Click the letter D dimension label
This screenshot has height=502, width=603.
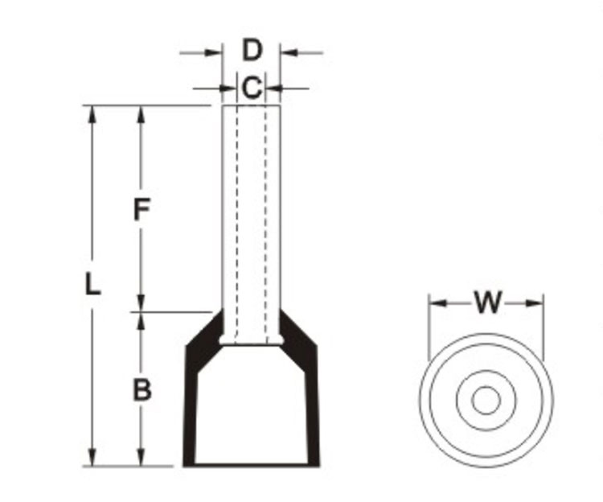252,50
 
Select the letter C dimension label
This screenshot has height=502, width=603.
252,88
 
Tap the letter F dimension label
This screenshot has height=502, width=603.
142,210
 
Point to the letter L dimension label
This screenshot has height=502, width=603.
93,284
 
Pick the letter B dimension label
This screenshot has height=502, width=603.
142,390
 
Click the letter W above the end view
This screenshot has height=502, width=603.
487,303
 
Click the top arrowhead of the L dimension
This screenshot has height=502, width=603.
93,113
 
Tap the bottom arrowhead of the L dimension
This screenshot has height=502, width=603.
93,458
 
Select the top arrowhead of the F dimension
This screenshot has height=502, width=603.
142,113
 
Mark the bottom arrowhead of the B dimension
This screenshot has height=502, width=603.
142,458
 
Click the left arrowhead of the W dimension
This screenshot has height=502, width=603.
437,303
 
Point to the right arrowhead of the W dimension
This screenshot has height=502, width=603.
535,303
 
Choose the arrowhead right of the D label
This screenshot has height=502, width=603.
288,53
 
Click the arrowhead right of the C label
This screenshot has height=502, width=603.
273,88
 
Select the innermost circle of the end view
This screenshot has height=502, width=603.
485,400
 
